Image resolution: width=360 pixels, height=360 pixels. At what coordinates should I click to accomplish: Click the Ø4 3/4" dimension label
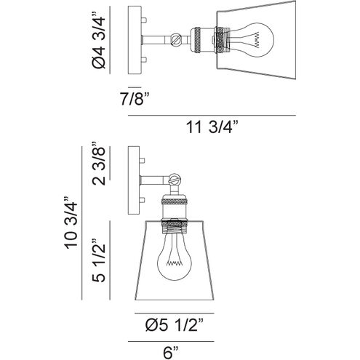(99, 40)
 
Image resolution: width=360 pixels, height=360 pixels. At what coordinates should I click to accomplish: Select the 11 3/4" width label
(212, 127)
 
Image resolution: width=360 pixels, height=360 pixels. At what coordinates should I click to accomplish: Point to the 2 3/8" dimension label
(99, 164)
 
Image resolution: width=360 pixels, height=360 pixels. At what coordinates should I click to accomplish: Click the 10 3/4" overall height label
(71, 223)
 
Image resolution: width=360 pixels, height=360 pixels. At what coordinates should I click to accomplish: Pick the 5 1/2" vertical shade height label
(99, 260)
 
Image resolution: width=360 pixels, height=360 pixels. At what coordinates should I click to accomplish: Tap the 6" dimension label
(171, 353)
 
